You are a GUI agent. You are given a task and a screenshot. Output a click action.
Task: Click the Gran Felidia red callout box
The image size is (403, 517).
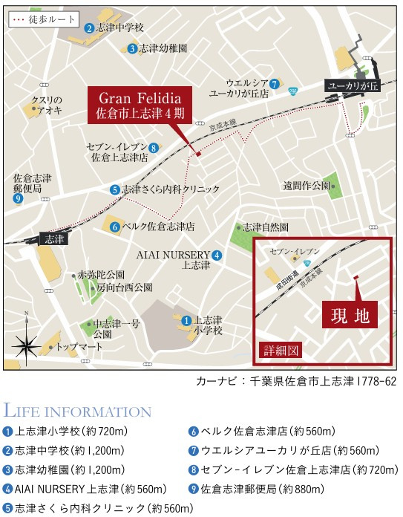(140, 106)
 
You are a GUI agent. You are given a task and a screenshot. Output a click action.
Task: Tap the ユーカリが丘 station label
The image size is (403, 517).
(353, 87)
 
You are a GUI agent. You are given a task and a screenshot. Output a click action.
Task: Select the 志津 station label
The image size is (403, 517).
(54, 239)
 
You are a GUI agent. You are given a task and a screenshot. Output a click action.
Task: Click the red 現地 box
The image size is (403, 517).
(350, 315)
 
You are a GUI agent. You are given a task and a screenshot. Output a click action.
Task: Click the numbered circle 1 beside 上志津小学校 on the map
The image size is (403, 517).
(186, 320)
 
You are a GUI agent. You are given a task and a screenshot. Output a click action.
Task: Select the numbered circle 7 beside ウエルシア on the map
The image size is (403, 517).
(275, 83)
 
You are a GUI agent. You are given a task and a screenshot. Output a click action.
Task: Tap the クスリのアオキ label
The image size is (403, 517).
(45, 105)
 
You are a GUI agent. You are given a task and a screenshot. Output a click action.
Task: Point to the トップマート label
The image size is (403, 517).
(76, 347)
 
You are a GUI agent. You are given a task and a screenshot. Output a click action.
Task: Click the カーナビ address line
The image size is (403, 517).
(296, 381)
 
